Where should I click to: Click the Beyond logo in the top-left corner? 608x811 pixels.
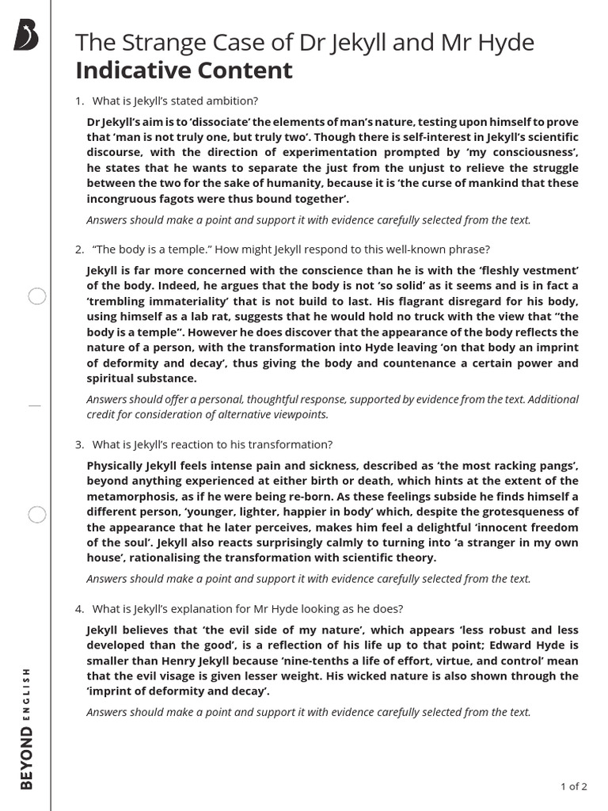click(x=26, y=36)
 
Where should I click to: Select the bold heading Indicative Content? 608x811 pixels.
click(x=184, y=70)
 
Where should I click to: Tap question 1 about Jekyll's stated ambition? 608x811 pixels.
click(x=175, y=101)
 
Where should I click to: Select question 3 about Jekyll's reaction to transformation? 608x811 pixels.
click(x=212, y=444)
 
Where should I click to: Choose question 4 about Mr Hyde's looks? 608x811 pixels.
click(x=247, y=609)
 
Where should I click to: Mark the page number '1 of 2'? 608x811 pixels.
click(x=573, y=786)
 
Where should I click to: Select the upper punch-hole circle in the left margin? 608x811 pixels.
click(x=37, y=297)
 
